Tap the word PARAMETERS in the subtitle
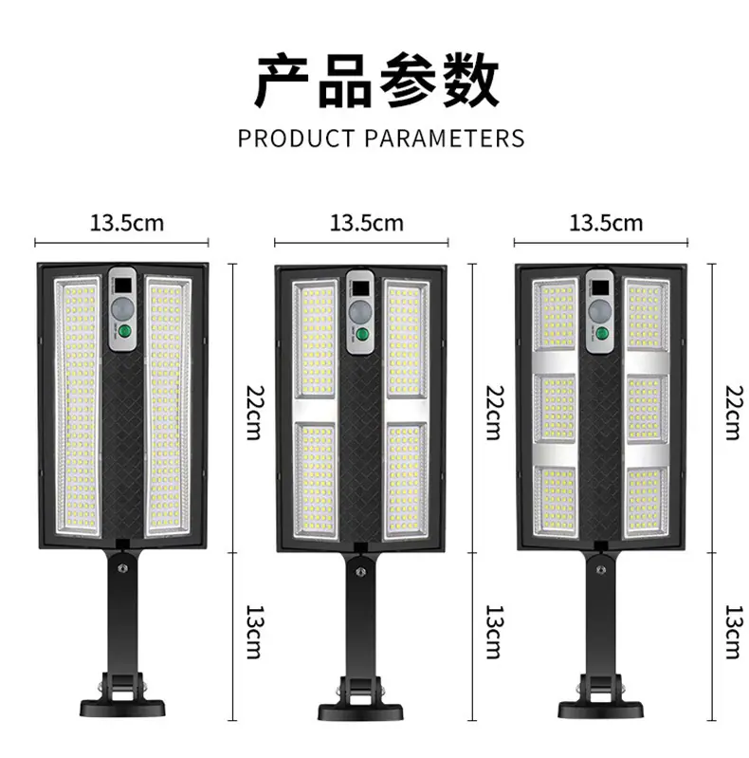445,139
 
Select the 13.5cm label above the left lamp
127,224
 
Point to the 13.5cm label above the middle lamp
366,224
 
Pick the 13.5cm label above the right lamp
605,224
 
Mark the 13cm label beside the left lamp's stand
253,632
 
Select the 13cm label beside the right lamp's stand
731,632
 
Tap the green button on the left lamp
121,332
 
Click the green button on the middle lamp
360,332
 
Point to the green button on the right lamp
599,332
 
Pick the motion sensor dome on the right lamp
598,309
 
